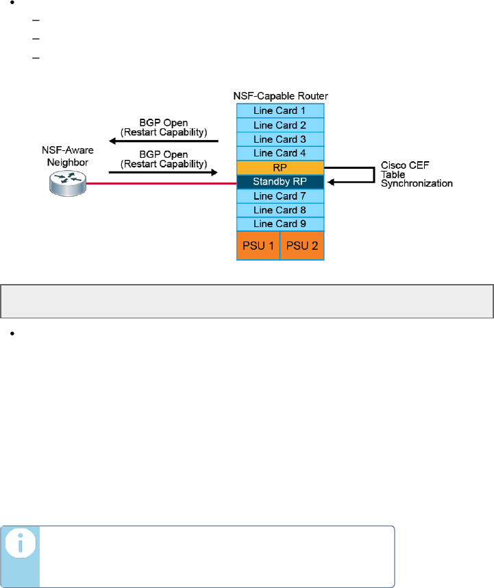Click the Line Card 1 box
click(x=280, y=110)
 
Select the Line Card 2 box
click(x=280, y=125)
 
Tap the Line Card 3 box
click(x=280, y=139)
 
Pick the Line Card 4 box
click(x=280, y=154)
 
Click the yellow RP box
click(x=280, y=168)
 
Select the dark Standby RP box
click(x=280, y=183)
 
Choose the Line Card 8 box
click(x=280, y=211)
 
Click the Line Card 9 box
click(x=280, y=224)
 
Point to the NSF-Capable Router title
click(x=280, y=95)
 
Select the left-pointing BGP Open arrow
click(x=164, y=141)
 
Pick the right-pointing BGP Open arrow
click(x=164, y=173)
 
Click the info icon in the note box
click(x=20, y=547)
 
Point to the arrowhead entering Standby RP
click(x=330, y=183)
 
